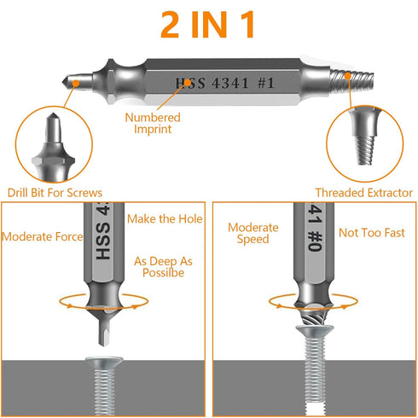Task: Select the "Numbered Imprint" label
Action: tap(154, 124)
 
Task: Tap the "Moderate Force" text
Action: tap(40, 235)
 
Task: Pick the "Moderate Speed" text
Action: tap(253, 233)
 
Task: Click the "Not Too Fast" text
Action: tap(373, 232)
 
